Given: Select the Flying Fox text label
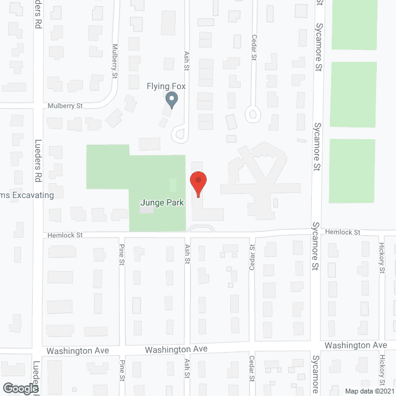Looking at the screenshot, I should [166, 86].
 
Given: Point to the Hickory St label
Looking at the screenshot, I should [382, 258].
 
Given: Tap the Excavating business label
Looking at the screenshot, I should [27, 195].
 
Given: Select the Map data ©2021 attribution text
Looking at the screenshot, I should [369, 390].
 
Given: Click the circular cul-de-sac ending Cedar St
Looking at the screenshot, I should [253, 114].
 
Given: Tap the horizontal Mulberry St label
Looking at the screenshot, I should [66, 106].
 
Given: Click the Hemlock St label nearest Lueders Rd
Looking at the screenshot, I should [65, 235].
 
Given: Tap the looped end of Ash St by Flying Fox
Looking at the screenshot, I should [179, 132].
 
